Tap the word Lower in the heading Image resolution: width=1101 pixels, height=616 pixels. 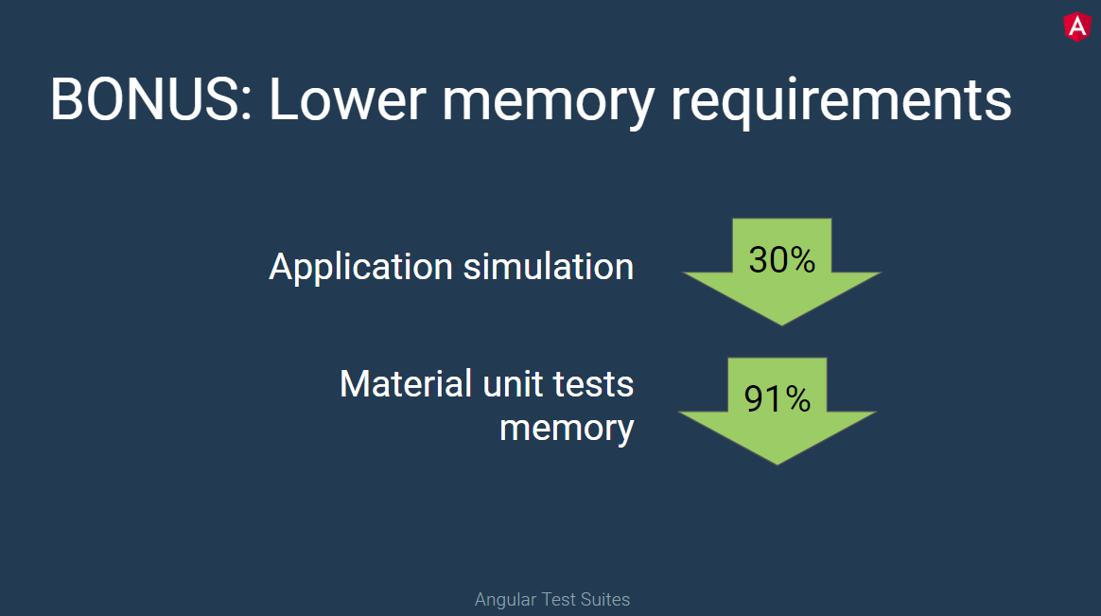pyautogui.click(x=346, y=98)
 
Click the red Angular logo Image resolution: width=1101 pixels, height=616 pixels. pyautogui.click(x=1076, y=26)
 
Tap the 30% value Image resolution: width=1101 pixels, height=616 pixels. pyautogui.click(x=781, y=259)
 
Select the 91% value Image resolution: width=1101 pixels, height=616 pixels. pyautogui.click(x=777, y=399)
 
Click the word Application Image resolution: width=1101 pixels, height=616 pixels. pyautogui.click(x=361, y=268)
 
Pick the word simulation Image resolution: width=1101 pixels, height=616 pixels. pyautogui.click(x=549, y=267)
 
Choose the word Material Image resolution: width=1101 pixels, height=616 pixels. pyautogui.click(x=406, y=384)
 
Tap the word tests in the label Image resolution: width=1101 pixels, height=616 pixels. pyautogui.click(x=594, y=384)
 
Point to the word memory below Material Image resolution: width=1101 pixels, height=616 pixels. pyautogui.click(x=567, y=429)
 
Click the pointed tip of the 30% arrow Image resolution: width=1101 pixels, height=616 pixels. pyautogui.click(x=781, y=323)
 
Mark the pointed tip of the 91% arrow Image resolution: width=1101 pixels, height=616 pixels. pyautogui.click(x=777, y=463)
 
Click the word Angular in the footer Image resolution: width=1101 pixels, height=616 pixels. pyautogui.click(x=503, y=600)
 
